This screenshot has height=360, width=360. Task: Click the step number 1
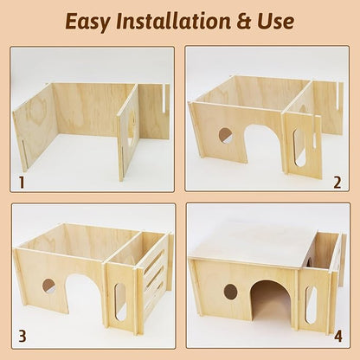[22, 183]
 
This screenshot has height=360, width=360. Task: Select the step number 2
[337, 183]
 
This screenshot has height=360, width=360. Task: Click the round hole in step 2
[225, 136]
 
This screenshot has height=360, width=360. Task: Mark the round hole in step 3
[48, 286]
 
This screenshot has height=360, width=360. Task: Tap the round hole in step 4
[231, 292]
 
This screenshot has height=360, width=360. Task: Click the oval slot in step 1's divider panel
[130, 130]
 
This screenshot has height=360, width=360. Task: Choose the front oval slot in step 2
[299, 147]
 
